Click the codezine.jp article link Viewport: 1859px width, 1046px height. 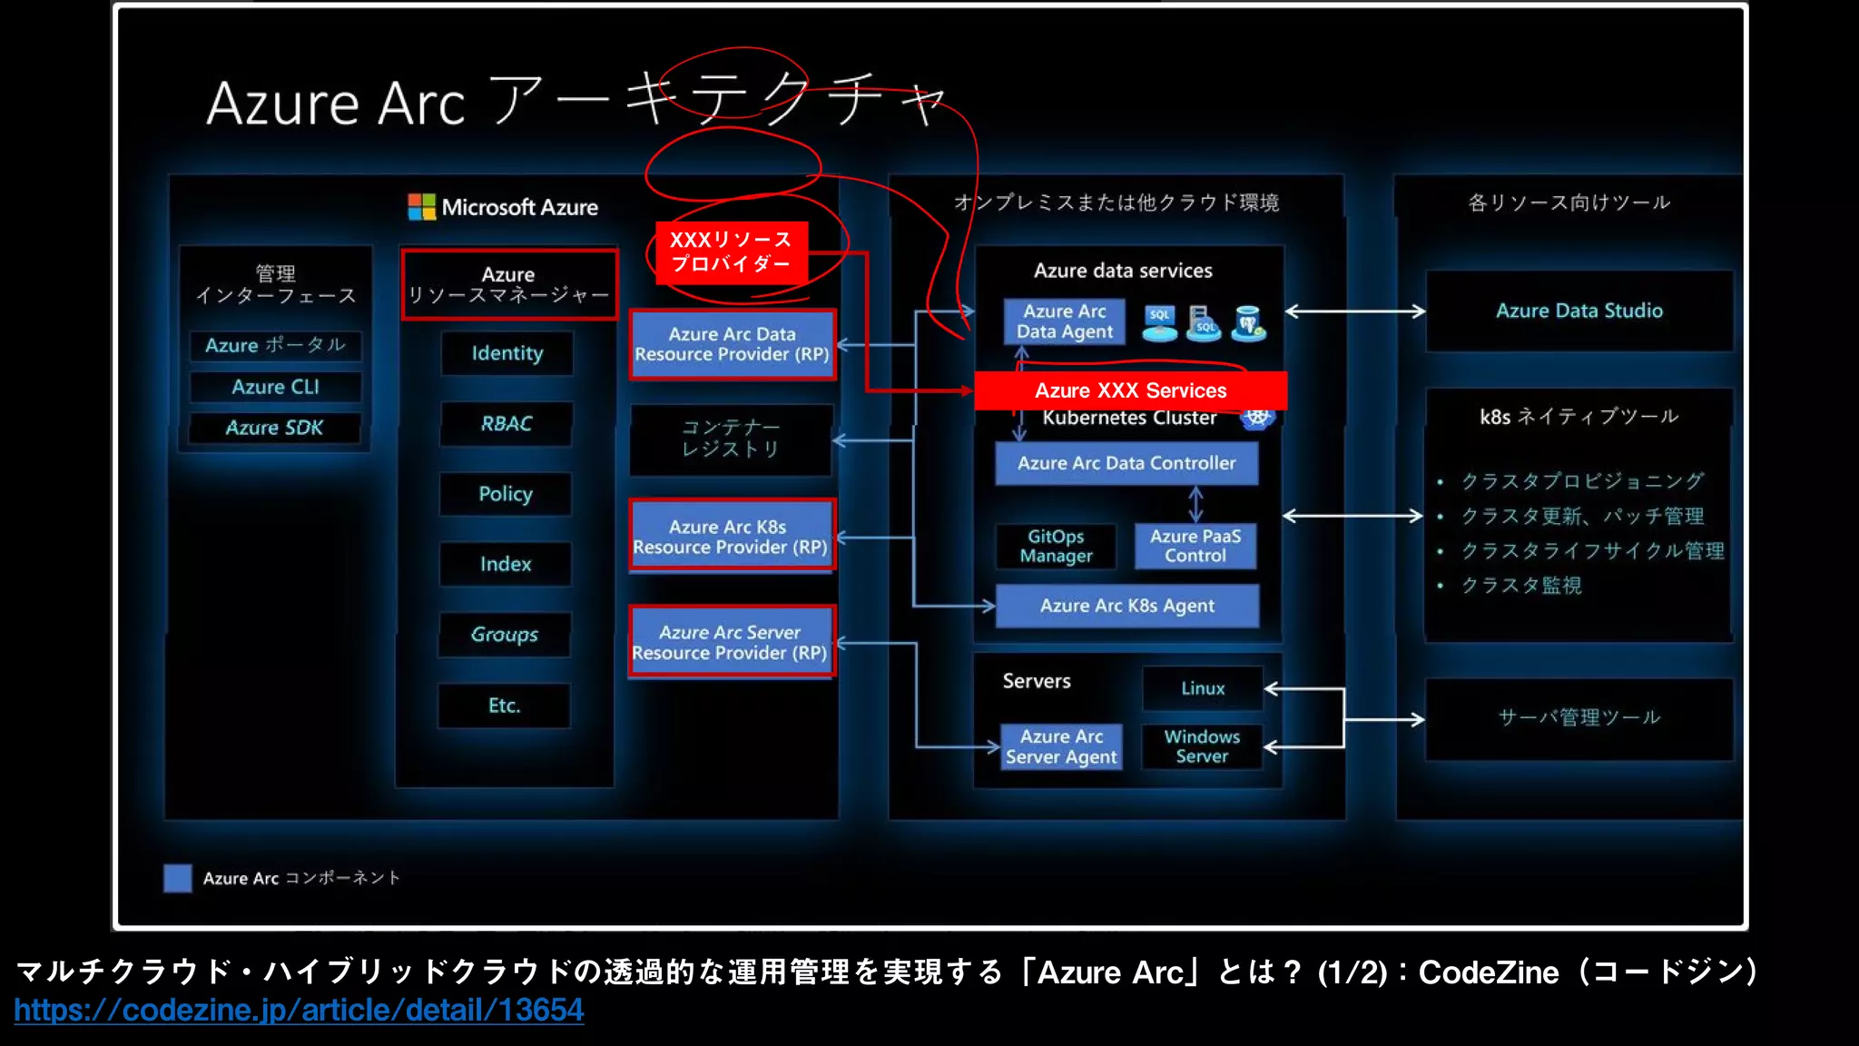[299, 1010]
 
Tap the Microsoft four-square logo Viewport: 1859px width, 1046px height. [421, 207]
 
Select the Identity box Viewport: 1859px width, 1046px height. [507, 353]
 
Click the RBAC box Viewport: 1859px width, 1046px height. [507, 423]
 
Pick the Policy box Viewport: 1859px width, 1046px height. [506, 494]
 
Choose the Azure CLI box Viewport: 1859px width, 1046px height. [275, 387]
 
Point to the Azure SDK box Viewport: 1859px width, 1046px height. [274, 428]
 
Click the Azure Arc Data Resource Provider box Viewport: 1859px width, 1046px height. [732, 344]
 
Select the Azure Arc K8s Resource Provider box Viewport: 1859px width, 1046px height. [731, 537]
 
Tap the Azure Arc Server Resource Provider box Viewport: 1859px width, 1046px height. [731, 642]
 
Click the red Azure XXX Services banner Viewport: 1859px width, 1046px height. [1130, 390]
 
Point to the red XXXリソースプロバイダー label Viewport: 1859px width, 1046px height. [731, 252]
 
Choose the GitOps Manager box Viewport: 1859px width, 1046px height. [1056, 546]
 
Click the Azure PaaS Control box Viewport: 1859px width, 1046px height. [1195, 546]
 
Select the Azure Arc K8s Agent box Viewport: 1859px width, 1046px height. [1126, 606]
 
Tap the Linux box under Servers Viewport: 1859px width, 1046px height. [1203, 688]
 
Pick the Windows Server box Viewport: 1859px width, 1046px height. [1202, 746]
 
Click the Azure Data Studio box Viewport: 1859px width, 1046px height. [1579, 311]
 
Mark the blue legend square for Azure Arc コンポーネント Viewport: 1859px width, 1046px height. [178, 878]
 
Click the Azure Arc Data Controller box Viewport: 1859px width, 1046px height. [1126, 463]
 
